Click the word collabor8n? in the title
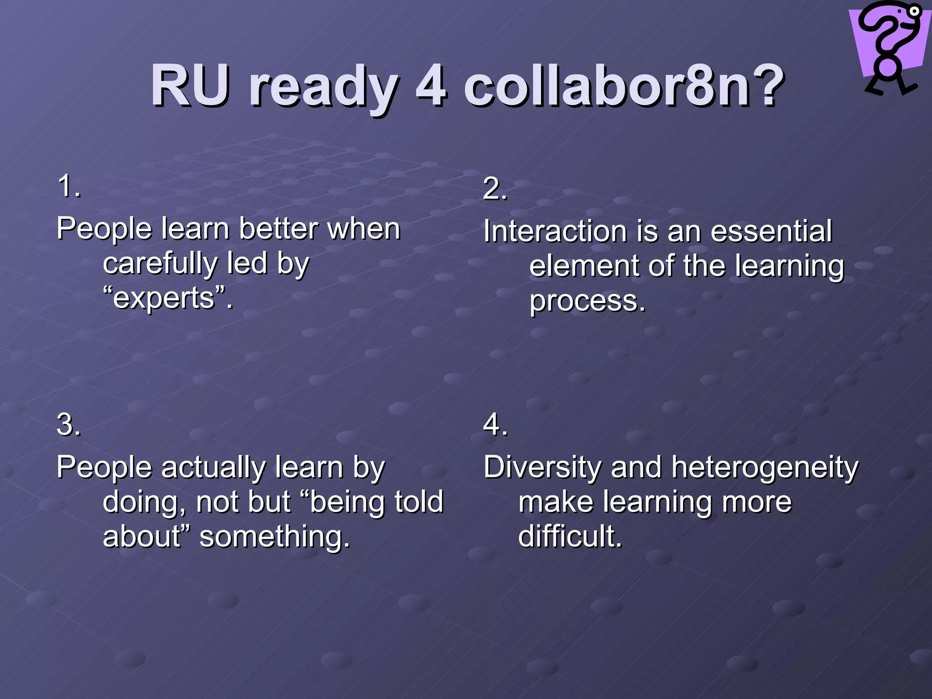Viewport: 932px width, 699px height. tap(623, 86)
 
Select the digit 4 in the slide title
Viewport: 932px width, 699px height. tap(430, 86)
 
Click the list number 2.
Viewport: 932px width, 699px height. tap(495, 188)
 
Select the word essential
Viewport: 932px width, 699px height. tap(771, 231)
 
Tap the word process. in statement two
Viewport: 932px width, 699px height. tap(587, 301)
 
